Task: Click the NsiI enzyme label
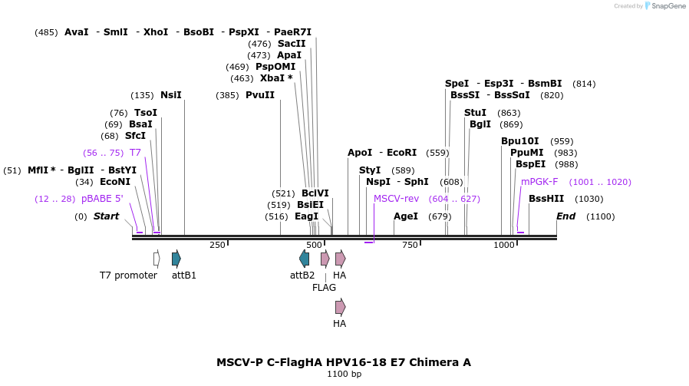pos(170,95)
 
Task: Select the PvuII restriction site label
pos(260,95)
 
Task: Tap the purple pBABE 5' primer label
pos(102,199)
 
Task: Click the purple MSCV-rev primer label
pos(396,199)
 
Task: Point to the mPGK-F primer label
pos(539,182)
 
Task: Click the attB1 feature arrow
pos(176,259)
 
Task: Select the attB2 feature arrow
pos(304,259)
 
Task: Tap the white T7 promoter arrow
pos(157,259)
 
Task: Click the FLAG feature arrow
pos(325,259)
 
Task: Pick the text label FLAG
pos(324,288)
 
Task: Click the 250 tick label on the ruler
pos(217,245)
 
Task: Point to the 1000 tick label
pos(504,245)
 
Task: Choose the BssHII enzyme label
pos(546,199)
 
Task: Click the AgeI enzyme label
pos(406,216)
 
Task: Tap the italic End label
pos(565,216)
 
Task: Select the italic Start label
pos(107,216)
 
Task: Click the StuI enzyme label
pos(475,113)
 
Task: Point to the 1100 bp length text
pos(344,374)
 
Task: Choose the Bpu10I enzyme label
pos(520,141)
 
